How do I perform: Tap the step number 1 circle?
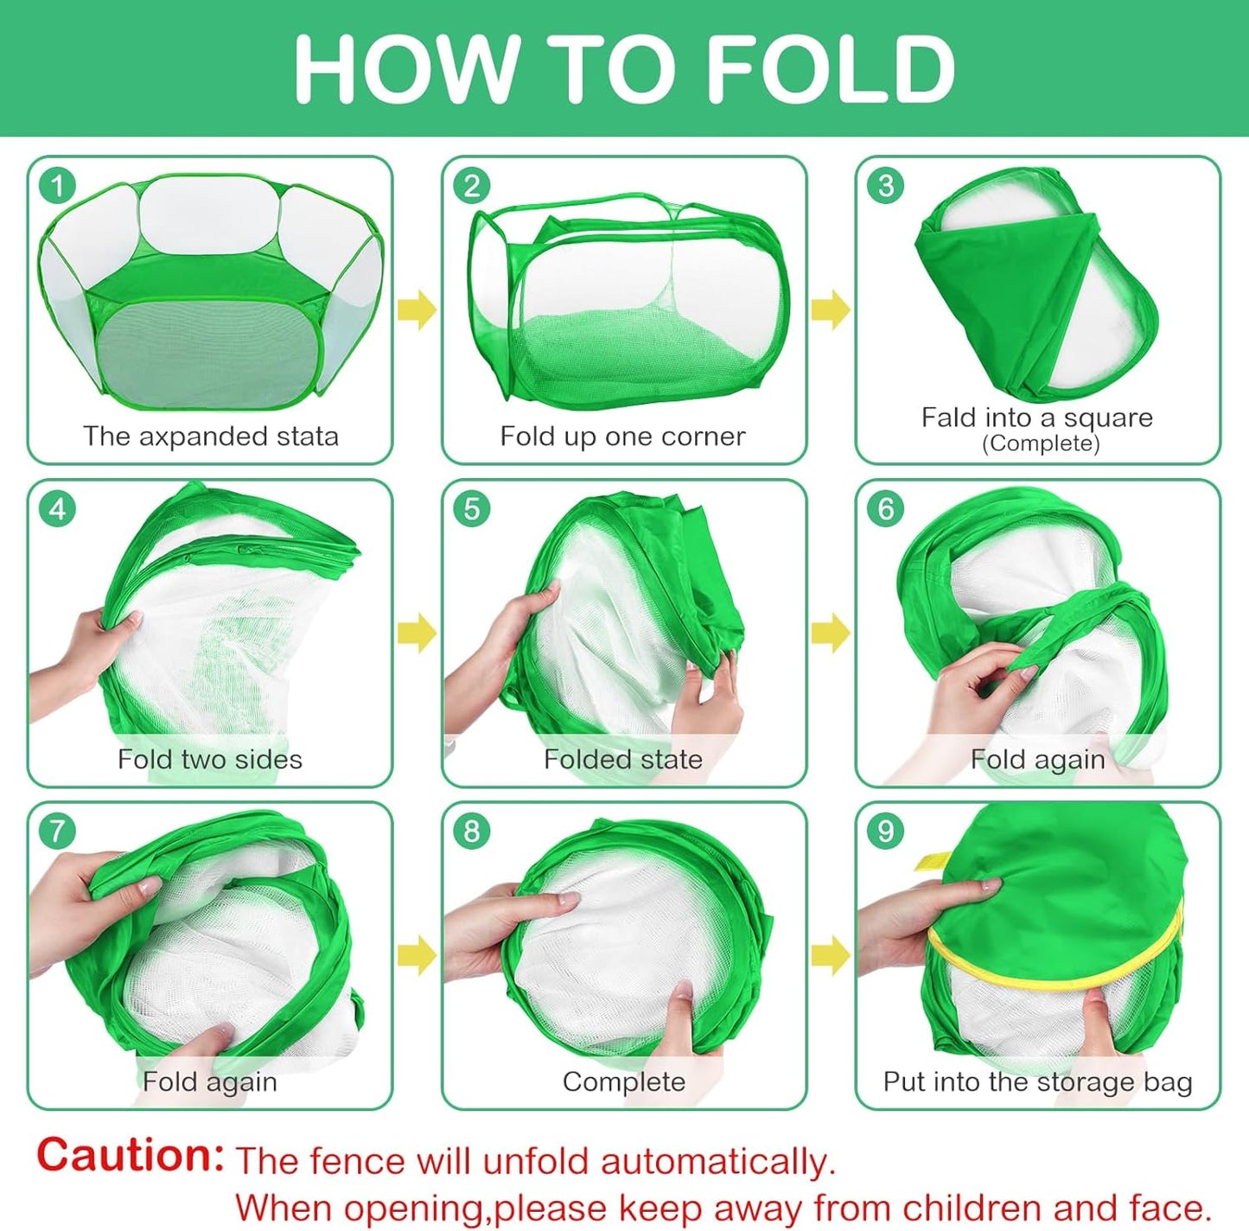[58, 186]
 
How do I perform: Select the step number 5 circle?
[472, 509]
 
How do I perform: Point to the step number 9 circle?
[885, 831]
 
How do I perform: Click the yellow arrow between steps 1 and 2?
[417, 309]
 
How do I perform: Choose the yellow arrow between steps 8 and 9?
[831, 954]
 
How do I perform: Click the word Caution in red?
[130, 1155]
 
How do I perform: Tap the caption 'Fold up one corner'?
[623, 437]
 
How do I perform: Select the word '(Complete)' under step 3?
[1041, 444]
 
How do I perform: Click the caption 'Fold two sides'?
[210, 759]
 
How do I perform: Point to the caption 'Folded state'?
[623, 759]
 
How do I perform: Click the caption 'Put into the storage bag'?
[1038, 1082]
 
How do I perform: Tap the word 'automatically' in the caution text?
[717, 1161]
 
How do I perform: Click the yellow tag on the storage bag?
[927, 862]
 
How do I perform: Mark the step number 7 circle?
[58, 831]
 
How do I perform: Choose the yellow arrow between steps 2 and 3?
[831, 309]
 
